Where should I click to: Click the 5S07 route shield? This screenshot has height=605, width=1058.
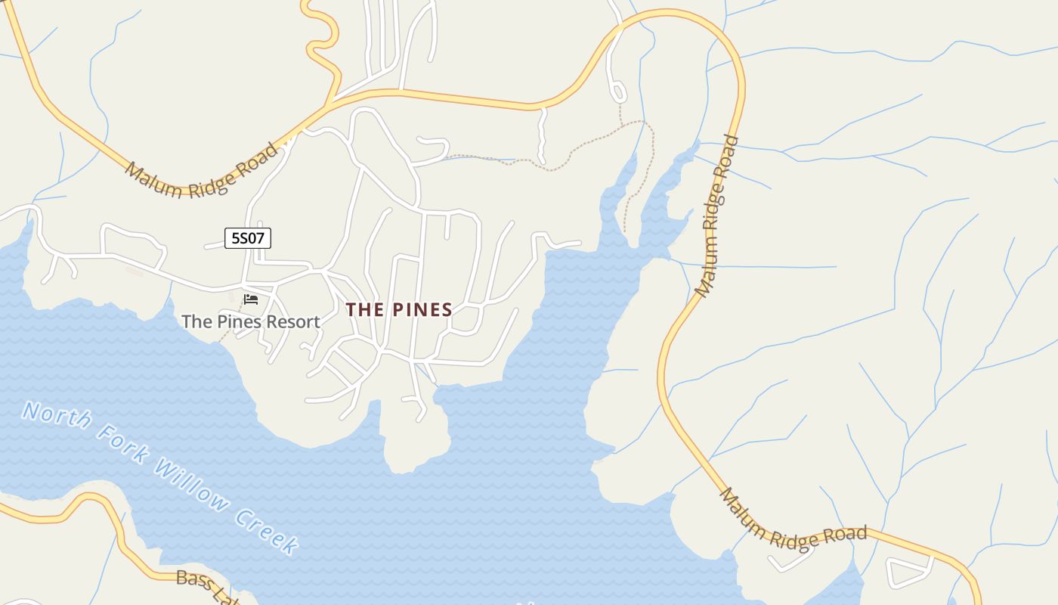click(x=248, y=238)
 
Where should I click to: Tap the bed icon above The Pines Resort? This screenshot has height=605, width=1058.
click(x=251, y=299)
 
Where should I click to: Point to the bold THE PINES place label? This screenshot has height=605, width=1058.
click(x=399, y=309)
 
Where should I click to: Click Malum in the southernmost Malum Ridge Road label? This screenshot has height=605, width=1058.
click(x=742, y=513)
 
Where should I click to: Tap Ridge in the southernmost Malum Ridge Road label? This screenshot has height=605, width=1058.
click(x=793, y=538)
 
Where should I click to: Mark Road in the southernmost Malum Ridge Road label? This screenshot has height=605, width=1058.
click(x=845, y=534)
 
